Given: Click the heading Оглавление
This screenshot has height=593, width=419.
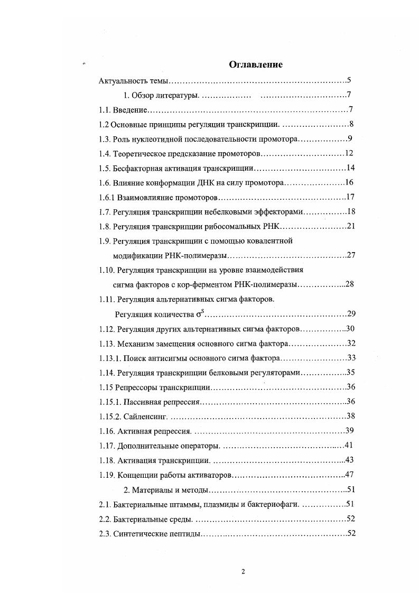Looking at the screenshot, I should [x=255, y=64].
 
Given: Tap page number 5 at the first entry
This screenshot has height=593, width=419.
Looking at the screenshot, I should [x=349, y=81].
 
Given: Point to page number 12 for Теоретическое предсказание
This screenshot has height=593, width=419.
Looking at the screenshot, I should [x=348, y=153].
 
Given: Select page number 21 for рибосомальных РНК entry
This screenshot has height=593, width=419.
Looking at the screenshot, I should [x=349, y=226].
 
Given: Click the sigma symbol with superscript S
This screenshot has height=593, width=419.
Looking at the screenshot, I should [x=199, y=314].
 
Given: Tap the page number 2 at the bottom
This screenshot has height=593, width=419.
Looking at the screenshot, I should [x=243, y=571].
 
